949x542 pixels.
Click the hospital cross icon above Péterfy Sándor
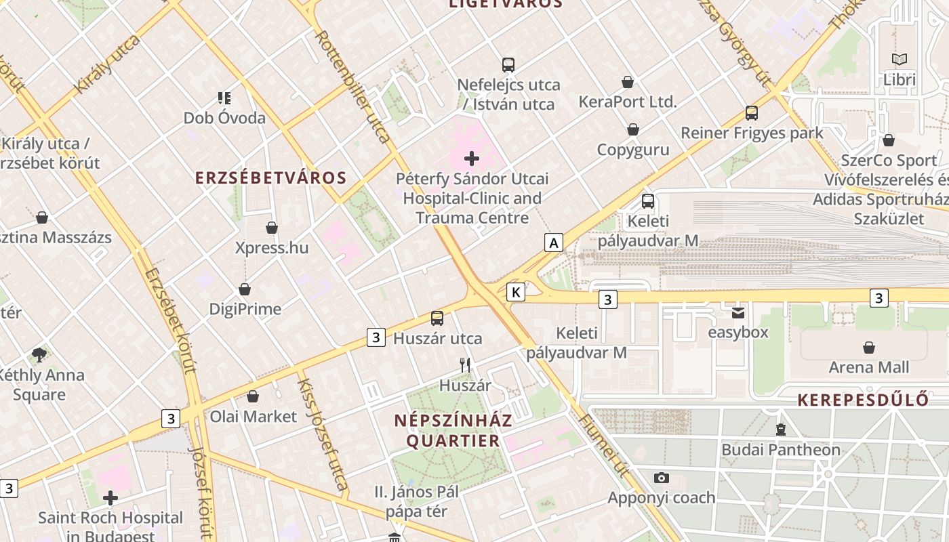point(472,159)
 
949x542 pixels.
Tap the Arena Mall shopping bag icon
point(869,348)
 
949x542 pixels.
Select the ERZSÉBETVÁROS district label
point(270,178)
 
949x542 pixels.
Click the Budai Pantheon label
point(780,450)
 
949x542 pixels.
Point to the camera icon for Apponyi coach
point(662,478)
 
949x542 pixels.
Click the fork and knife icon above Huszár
point(465,365)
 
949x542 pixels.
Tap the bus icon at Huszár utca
point(437,318)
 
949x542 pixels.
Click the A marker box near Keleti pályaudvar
point(554,243)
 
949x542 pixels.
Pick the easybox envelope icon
point(738,312)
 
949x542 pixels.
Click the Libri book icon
point(900,60)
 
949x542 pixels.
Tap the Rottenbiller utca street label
point(353,87)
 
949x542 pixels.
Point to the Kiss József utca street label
point(323,434)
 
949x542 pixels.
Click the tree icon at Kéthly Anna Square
point(39,354)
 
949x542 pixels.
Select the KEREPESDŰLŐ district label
point(872,400)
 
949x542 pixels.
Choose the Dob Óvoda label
point(224,118)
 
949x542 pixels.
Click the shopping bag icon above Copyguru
point(633,129)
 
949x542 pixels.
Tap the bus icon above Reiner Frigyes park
point(751,113)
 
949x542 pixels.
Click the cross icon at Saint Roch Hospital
point(110,499)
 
